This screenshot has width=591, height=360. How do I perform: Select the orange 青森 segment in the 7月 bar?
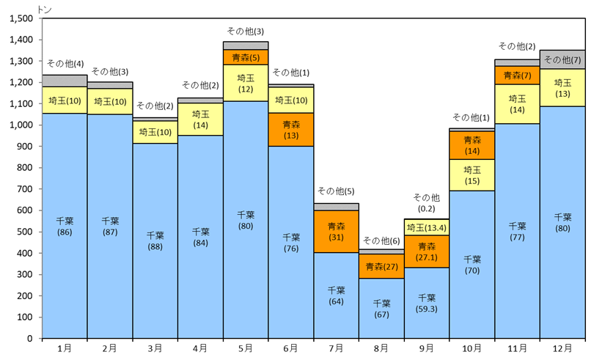[337, 232]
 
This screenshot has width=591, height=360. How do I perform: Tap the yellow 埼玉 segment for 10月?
[472, 175]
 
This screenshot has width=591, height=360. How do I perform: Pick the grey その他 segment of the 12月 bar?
[562, 59]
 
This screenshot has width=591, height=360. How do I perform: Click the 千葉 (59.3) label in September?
[427, 303]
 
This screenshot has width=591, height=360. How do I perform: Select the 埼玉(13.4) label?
[427, 227]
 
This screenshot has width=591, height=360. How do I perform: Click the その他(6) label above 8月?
[381, 240]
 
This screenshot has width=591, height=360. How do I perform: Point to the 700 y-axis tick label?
[26, 189]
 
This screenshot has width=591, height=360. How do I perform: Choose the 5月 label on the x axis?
[246, 348]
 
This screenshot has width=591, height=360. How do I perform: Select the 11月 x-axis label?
[517, 348]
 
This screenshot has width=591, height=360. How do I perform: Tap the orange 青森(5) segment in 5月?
[246, 57]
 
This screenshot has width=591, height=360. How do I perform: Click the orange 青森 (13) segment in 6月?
[291, 130]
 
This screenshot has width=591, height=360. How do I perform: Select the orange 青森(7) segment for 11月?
[517, 76]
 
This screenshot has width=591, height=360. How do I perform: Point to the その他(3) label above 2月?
[109, 72]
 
